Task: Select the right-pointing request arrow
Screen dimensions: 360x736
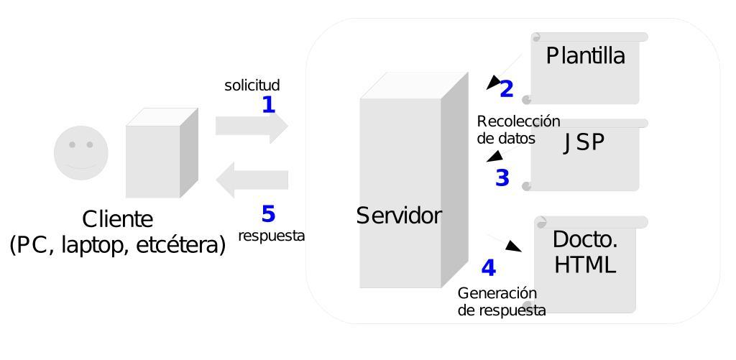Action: tap(252, 126)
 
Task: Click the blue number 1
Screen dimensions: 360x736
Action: tap(268, 105)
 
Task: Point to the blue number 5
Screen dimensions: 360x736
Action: tap(268, 213)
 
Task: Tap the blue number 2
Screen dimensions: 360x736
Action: tap(507, 89)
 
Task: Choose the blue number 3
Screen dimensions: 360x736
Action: tap(502, 177)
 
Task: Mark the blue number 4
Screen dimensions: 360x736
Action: tap(489, 267)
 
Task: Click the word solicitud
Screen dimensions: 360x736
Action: tap(252, 85)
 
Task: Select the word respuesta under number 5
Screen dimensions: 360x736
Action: tap(272, 235)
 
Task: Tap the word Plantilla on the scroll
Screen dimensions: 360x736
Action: tap(585, 55)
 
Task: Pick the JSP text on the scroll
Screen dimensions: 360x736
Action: tap(583, 144)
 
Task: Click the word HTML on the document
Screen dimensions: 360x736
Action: tap(586, 264)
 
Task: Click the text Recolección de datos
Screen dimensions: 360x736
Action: tap(517, 129)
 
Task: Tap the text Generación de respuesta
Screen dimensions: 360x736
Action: tap(501, 302)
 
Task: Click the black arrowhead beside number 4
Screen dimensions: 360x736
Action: tap(513, 246)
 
